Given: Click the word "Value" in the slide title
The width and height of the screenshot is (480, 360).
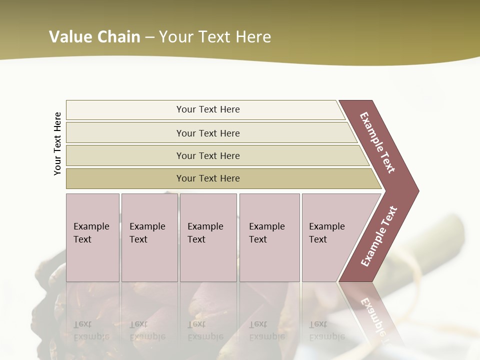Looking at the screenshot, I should pyautogui.click(x=69, y=37).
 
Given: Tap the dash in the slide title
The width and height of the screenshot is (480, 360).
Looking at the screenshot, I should pyautogui.click(x=149, y=37).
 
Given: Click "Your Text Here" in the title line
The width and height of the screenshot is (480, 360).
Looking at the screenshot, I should pyautogui.click(x=215, y=37).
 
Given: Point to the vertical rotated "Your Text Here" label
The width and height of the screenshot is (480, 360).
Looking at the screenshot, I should pyautogui.click(x=57, y=143).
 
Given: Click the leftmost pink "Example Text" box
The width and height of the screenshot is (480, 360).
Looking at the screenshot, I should pyautogui.click(x=92, y=237).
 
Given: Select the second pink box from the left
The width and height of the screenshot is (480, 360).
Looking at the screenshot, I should pyautogui.click(x=149, y=237).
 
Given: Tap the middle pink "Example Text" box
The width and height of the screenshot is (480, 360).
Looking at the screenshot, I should pyautogui.click(x=208, y=237).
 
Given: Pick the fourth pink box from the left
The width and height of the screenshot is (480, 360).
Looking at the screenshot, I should pyautogui.click(x=269, y=237).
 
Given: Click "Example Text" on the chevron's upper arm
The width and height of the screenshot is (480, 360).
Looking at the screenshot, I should pyautogui.click(x=377, y=142).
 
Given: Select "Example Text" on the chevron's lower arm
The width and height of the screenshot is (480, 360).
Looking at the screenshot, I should pyautogui.click(x=379, y=236).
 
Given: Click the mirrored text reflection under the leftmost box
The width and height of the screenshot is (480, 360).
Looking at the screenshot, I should pyautogui.click(x=91, y=330).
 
